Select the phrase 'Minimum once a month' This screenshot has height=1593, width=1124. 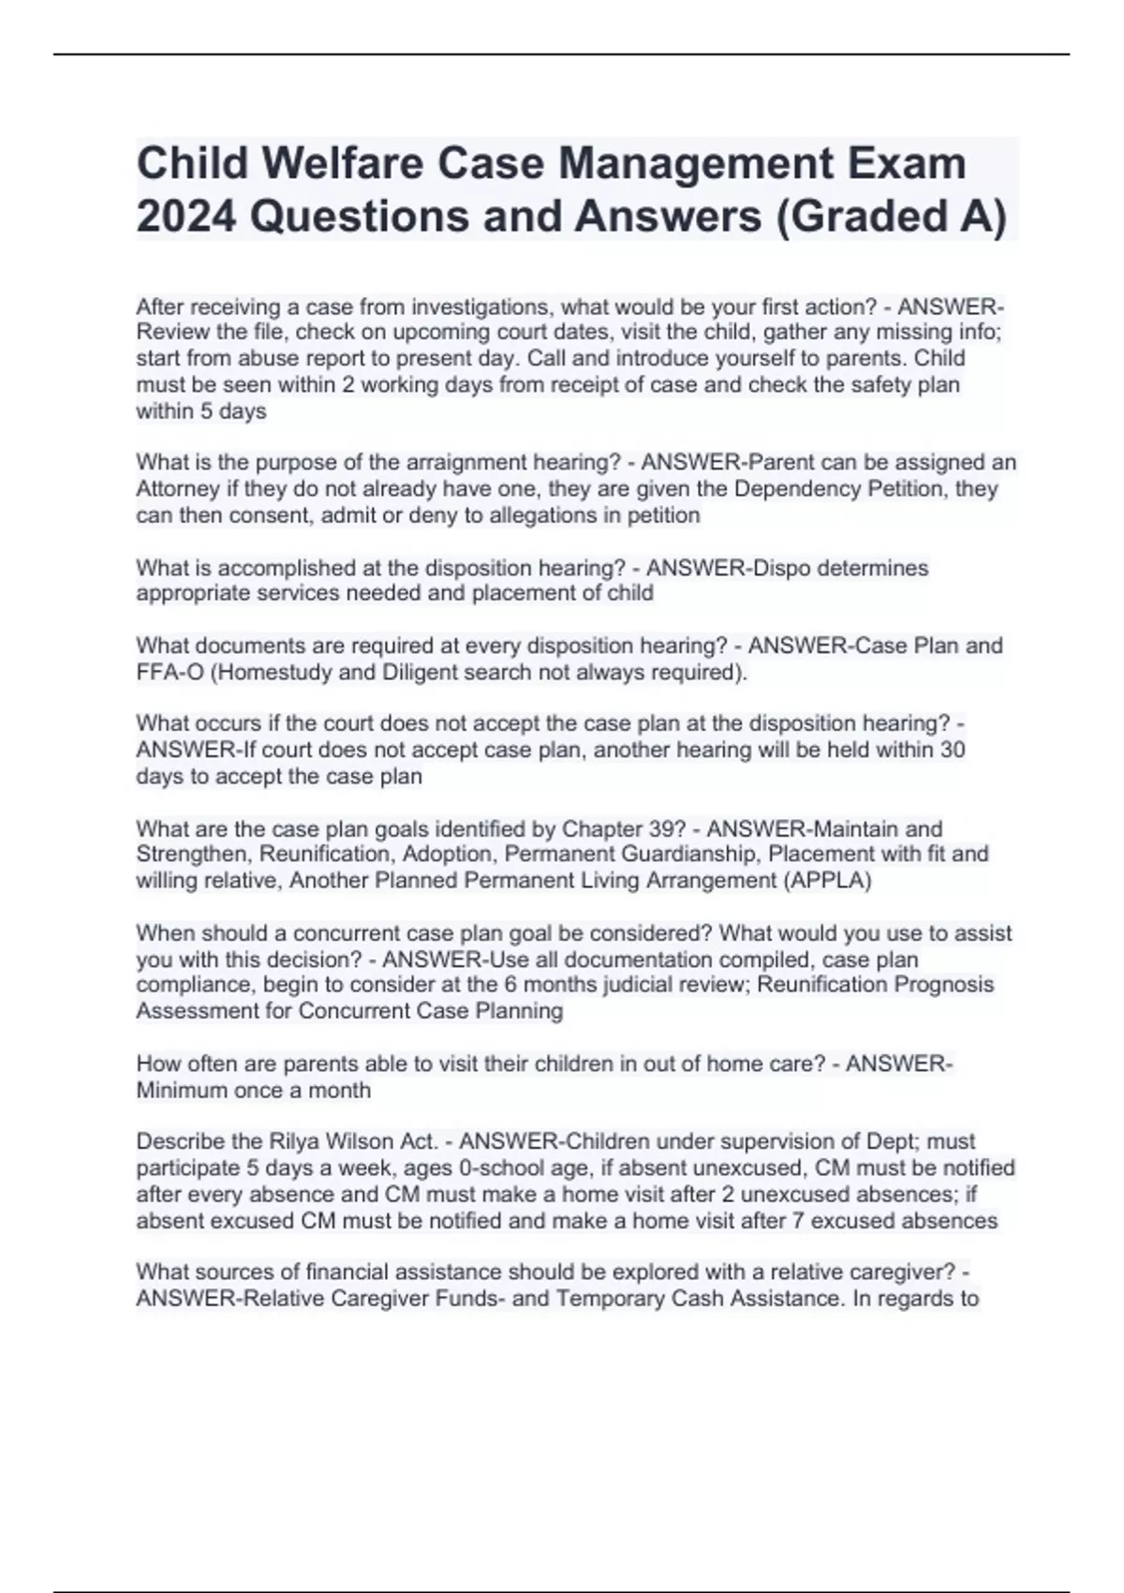(x=253, y=1090)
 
